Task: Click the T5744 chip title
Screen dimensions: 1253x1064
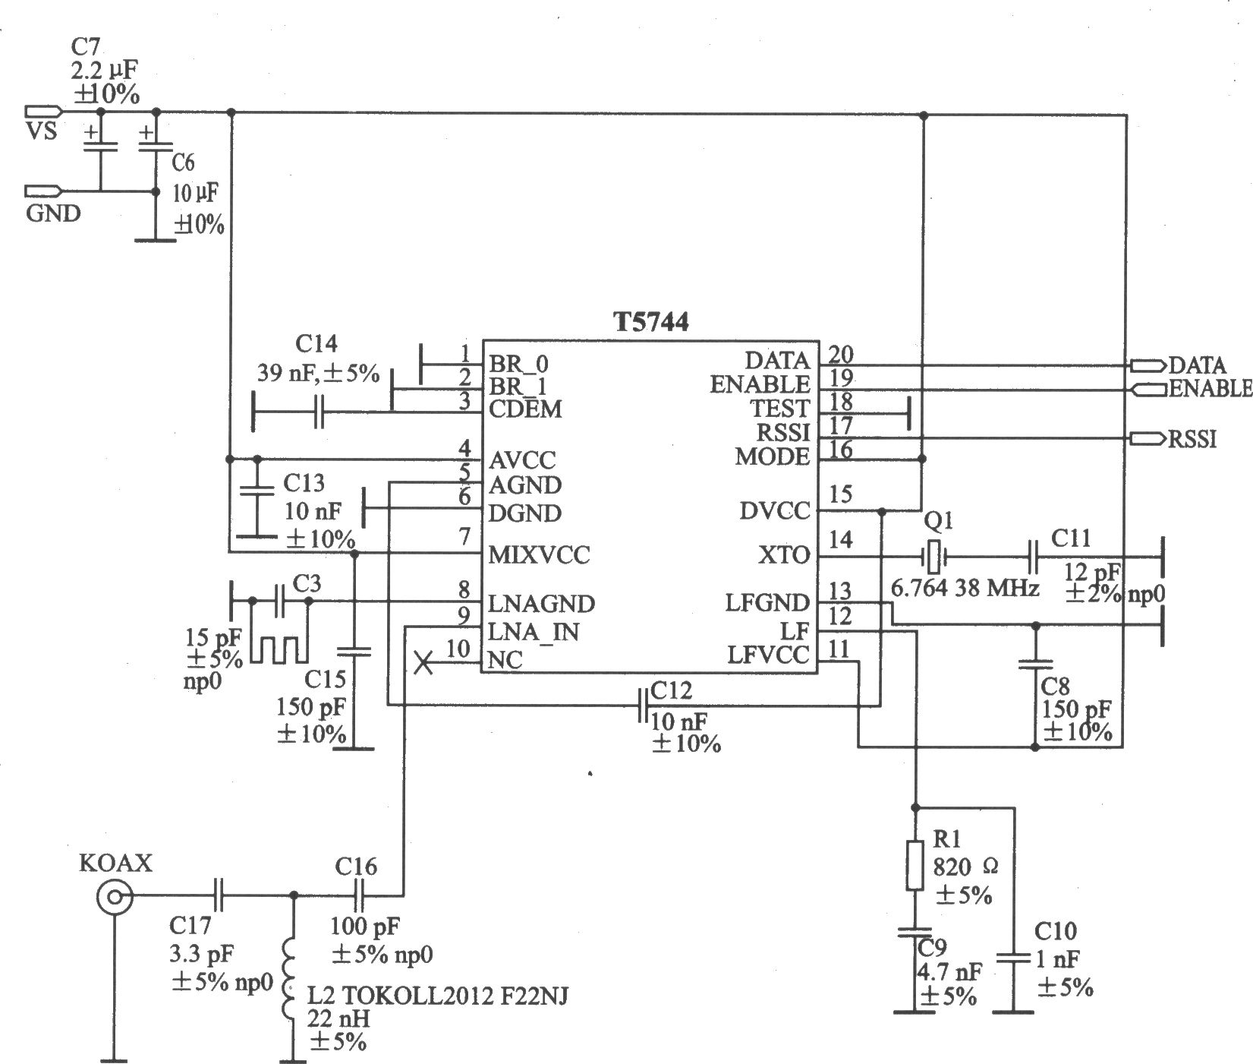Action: click(651, 323)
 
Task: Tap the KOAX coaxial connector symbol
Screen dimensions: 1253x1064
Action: click(115, 899)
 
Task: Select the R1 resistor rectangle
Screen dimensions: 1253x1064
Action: click(915, 865)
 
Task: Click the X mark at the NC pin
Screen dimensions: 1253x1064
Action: click(424, 665)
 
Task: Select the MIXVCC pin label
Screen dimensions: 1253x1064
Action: click(539, 555)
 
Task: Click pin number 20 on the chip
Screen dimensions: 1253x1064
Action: click(841, 354)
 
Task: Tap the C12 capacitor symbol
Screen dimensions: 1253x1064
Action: click(644, 706)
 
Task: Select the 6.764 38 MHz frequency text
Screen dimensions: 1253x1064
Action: click(965, 588)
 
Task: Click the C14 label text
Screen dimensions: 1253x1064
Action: click(316, 345)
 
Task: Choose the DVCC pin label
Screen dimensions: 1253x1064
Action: click(774, 511)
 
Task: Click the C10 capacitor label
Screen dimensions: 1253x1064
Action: click(1056, 931)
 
